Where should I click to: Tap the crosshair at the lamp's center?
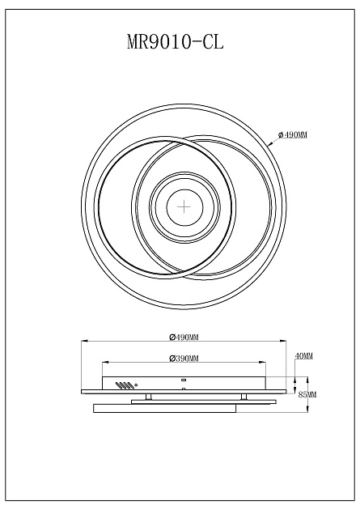184,206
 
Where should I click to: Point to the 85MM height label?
307,394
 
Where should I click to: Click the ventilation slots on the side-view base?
123,385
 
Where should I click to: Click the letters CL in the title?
213,42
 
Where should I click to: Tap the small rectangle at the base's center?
184,380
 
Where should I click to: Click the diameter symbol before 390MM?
172,358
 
